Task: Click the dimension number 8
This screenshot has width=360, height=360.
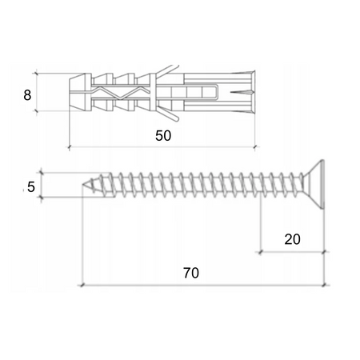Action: (28, 94)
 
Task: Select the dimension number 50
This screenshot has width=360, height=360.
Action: (163, 136)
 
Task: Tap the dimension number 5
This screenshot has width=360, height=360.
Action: (30, 187)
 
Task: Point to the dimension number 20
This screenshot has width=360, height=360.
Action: (291, 238)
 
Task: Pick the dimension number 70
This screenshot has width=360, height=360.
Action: (190, 272)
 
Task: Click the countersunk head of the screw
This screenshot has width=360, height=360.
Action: (315, 185)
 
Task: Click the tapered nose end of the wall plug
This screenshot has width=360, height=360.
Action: (77, 93)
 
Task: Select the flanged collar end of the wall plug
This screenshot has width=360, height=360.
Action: (250, 92)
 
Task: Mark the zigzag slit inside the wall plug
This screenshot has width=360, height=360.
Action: (120, 93)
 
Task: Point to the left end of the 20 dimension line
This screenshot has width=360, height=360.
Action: (259, 251)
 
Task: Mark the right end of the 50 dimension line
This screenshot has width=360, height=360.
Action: (254, 148)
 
